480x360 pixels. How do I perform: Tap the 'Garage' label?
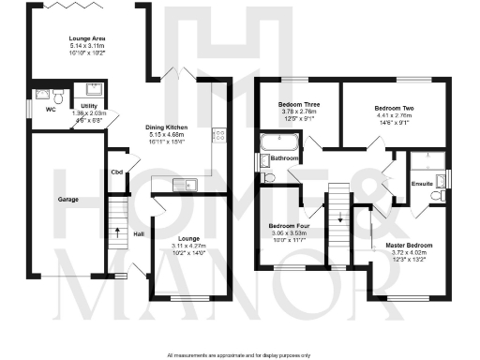click(x=66, y=200)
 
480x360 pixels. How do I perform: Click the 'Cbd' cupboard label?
click(x=117, y=172)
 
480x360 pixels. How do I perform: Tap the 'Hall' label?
click(x=139, y=233)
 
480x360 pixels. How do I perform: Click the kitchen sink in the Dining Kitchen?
click(x=185, y=185)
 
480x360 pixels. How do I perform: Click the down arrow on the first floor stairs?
click(x=339, y=215)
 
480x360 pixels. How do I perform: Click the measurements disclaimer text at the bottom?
click(x=240, y=355)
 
